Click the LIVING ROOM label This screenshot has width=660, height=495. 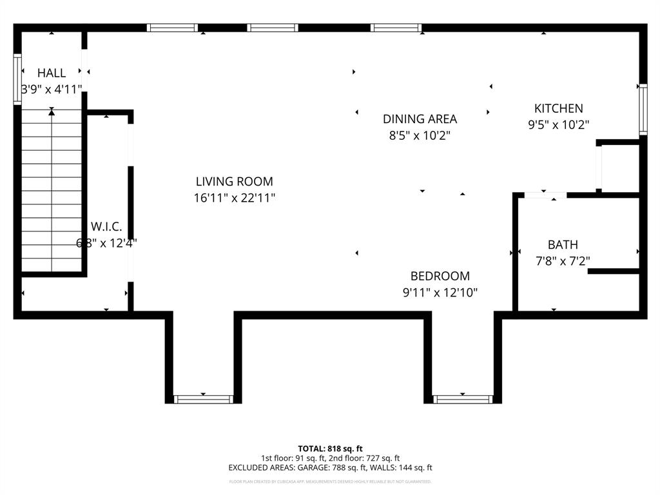[234, 182]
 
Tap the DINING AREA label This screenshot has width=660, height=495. [420, 119]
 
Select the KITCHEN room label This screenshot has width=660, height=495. [558, 108]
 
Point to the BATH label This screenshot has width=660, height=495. [563, 244]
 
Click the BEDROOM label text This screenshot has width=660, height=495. [440, 276]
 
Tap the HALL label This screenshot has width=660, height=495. [52, 73]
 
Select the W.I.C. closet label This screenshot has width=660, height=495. [106, 226]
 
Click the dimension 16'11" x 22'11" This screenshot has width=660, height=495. [234, 199]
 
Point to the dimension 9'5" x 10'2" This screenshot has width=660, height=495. [558, 125]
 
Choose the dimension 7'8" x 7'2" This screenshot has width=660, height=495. [563, 261]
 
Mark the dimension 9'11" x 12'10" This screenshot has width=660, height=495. [440, 293]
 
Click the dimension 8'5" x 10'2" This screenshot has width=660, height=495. [420, 135]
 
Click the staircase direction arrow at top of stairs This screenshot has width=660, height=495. [52, 113]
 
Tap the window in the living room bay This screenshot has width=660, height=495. [203, 399]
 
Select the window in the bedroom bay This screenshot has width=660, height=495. [463, 399]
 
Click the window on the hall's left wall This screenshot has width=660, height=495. [17, 79]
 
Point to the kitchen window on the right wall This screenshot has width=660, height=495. [643, 110]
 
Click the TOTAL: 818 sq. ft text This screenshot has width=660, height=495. [330, 449]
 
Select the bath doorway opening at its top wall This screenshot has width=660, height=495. [545, 195]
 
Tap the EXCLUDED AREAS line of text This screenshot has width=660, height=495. [330, 468]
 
